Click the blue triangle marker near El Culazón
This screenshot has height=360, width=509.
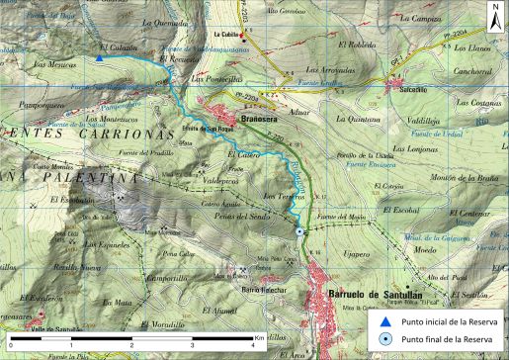click(100, 59)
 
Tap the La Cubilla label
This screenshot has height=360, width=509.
click(229, 32)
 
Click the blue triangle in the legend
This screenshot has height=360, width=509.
click(384, 321)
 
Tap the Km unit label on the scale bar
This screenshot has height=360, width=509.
click(258, 337)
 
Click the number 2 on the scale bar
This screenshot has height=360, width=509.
click(131, 343)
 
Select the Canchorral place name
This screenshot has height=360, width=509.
click(471, 71)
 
